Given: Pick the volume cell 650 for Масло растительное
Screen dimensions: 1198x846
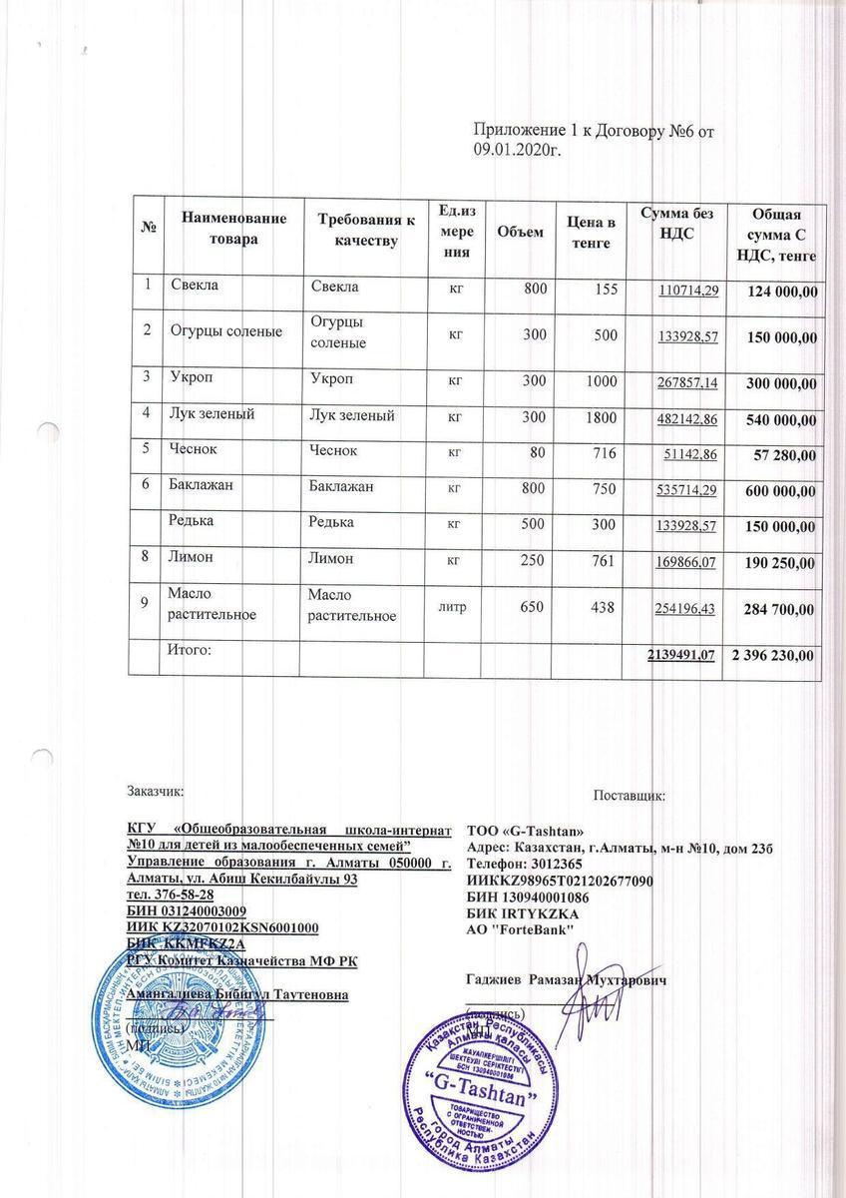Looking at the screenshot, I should pyautogui.click(x=528, y=607).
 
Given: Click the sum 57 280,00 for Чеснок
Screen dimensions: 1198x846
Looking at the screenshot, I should pyautogui.click(x=783, y=455).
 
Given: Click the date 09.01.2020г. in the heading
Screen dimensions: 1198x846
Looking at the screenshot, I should pyautogui.click(x=518, y=149).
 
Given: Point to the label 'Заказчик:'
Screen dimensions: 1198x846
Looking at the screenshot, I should pyautogui.click(x=155, y=792).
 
